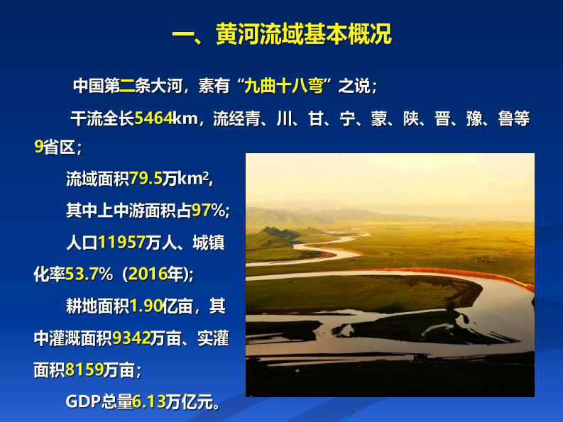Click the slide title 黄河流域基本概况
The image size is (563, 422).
pyautogui.click(x=282, y=34)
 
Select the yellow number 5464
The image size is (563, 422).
pyautogui.click(x=153, y=118)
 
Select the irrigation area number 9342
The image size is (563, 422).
pyautogui.click(x=131, y=338)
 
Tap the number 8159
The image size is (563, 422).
pyautogui.click(x=83, y=370)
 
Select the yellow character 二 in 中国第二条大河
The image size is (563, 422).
pyautogui.click(x=127, y=87)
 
